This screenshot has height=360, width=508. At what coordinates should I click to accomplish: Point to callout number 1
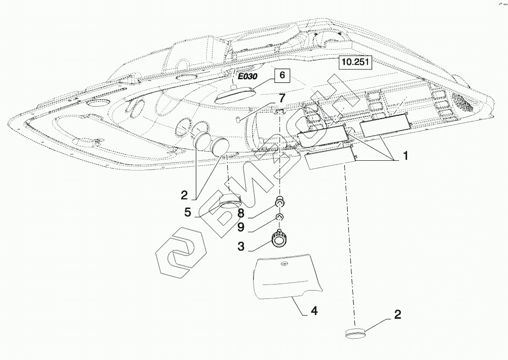coord(405,157)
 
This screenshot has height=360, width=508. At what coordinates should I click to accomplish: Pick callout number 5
coord(187,212)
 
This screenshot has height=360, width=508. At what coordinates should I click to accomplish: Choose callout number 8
coord(241,213)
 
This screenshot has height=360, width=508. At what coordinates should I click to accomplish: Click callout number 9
coord(241,228)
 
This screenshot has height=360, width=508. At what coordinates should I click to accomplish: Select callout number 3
coord(241,246)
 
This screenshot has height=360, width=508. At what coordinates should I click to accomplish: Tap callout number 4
coord(314,311)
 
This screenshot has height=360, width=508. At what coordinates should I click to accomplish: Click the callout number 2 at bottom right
coord(397,315)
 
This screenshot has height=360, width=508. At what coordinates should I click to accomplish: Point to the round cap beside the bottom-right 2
coord(355,332)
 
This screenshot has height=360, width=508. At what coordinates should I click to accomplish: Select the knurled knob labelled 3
coord(279,240)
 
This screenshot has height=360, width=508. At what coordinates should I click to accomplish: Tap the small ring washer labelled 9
coord(280,217)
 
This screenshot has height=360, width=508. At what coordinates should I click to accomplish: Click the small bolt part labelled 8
coord(280,202)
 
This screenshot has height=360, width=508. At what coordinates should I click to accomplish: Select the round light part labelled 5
coord(229,202)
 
